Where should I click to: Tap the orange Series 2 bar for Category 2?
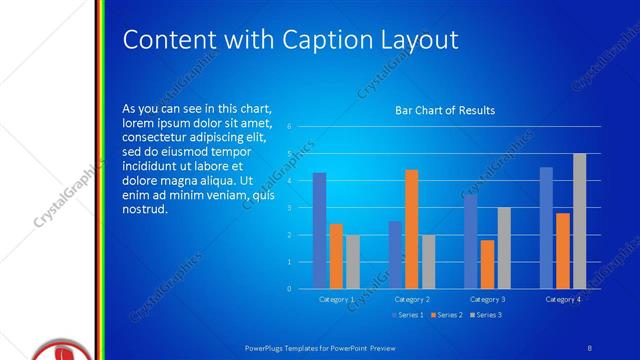411,229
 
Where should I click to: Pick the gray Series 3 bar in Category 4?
579,221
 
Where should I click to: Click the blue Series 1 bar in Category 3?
471,241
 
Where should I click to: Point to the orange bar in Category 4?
563,251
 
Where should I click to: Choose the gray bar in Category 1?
352,262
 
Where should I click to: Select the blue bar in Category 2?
395,255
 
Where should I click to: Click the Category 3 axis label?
488,299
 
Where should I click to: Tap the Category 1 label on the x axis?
337,299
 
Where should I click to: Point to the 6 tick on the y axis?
288,127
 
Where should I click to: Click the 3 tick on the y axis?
288,208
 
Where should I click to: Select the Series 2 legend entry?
447,316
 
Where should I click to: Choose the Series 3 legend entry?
485,316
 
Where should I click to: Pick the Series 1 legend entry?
409,316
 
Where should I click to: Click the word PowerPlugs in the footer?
267,347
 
